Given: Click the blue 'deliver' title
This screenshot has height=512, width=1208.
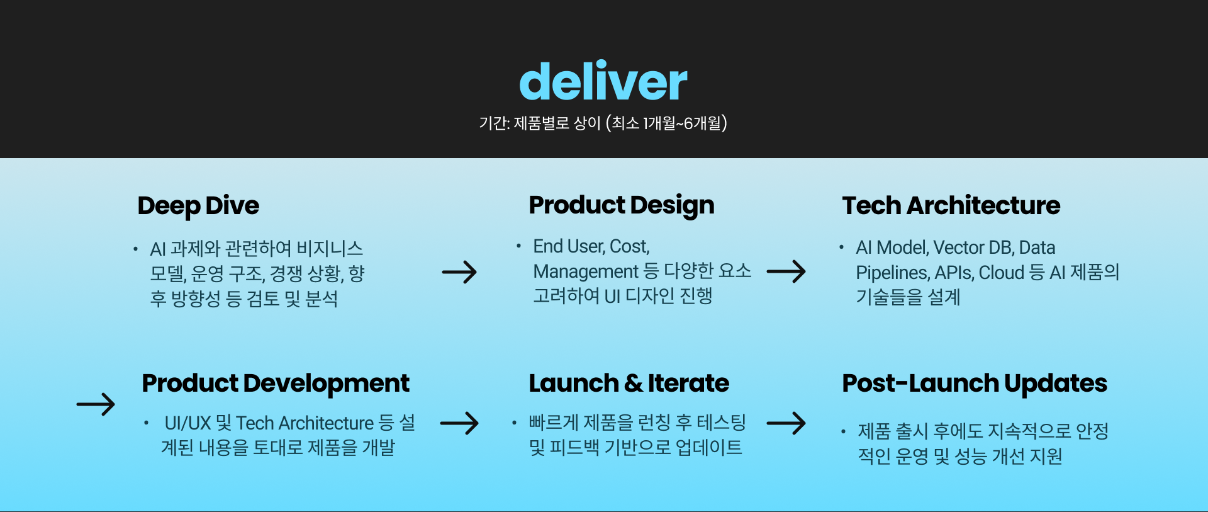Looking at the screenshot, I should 603,82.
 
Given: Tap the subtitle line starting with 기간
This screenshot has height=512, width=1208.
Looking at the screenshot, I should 603,123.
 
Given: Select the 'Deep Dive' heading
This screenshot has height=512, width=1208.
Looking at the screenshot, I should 198,206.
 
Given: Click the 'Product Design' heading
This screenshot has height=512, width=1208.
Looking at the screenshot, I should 621,205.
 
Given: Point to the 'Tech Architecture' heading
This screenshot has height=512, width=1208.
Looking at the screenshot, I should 951,206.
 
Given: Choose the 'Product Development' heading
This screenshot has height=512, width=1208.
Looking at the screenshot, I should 275,384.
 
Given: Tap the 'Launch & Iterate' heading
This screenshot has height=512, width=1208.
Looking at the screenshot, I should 628,384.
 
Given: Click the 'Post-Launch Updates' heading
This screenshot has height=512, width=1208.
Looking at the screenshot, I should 974,384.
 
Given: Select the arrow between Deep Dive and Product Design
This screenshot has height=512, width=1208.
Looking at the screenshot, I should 459,272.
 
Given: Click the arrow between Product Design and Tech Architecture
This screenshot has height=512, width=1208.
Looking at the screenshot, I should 786,271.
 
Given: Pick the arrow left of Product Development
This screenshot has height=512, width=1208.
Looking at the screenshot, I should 96,404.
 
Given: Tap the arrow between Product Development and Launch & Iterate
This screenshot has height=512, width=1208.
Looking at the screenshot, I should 459,423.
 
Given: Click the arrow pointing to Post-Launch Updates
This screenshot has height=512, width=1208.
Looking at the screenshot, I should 786,423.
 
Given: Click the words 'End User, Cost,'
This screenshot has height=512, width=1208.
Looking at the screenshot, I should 591,246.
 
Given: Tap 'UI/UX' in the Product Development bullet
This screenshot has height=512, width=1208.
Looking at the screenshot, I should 187,423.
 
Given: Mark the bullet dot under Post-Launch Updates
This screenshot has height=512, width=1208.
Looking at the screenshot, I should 843,431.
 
